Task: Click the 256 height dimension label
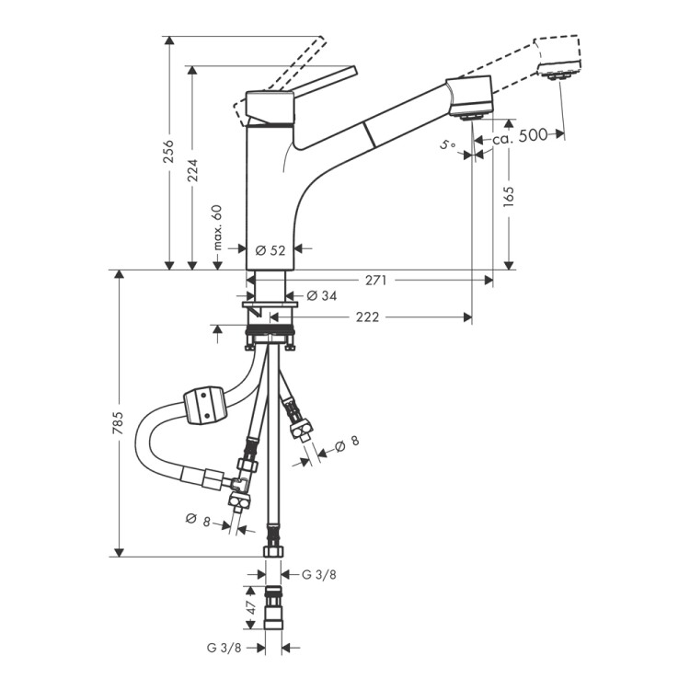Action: [x=168, y=151]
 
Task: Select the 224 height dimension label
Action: [x=192, y=170]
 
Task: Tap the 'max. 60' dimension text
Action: [x=217, y=227]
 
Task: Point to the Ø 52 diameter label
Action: [x=270, y=250]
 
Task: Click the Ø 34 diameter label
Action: [x=322, y=295]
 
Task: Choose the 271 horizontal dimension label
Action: [x=376, y=280]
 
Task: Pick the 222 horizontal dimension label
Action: [x=367, y=316]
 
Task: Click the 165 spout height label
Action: [x=508, y=197]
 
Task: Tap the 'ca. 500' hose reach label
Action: [x=520, y=136]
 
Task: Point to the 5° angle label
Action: [x=448, y=144]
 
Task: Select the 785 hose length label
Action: [x=118, y=423]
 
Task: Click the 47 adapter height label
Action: [x=251, y=608]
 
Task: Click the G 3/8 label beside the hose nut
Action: [x=319, y=574]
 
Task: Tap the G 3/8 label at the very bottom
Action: [x=224, y=648]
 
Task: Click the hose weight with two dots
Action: [x=204, y=406]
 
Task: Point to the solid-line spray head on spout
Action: [x=469, y=97]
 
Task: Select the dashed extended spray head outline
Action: [x=558, y=57]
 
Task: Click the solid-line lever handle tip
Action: [x=353, y=71]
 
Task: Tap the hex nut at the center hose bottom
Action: [x=273, y=552]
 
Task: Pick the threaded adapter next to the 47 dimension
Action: [x=273, y=608]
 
